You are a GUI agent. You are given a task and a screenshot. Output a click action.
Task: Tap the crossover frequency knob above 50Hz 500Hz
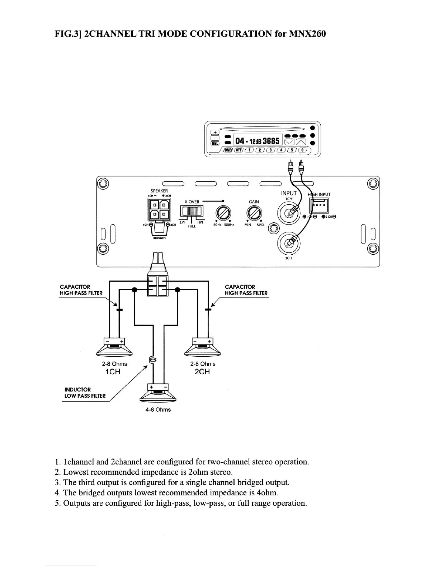pyautogui.click(x=223, y=214)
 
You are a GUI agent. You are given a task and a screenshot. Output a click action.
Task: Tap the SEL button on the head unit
pyautogui.click(x=215, y=143)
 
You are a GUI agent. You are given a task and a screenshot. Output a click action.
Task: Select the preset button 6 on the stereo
pyautogui.click(x=303, y=150)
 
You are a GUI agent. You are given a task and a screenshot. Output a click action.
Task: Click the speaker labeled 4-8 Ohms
pyautogui.click(x=158, y=393)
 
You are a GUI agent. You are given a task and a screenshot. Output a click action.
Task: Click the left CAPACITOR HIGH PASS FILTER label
pyautogui.click(x=81, y=290)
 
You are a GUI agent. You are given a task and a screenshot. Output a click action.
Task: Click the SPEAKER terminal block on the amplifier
pyautogui.click(x=158, y=211)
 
